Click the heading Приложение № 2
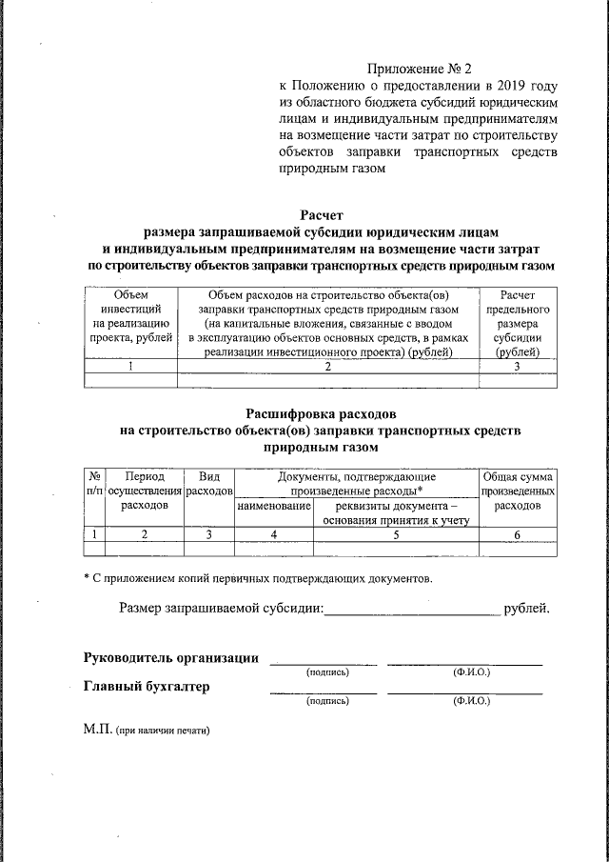[420, 70]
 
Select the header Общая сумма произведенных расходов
[518, 491]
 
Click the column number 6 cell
[518, 535]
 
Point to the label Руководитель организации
[170, 657]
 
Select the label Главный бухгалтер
[147, 687]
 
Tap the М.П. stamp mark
[98, 730]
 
